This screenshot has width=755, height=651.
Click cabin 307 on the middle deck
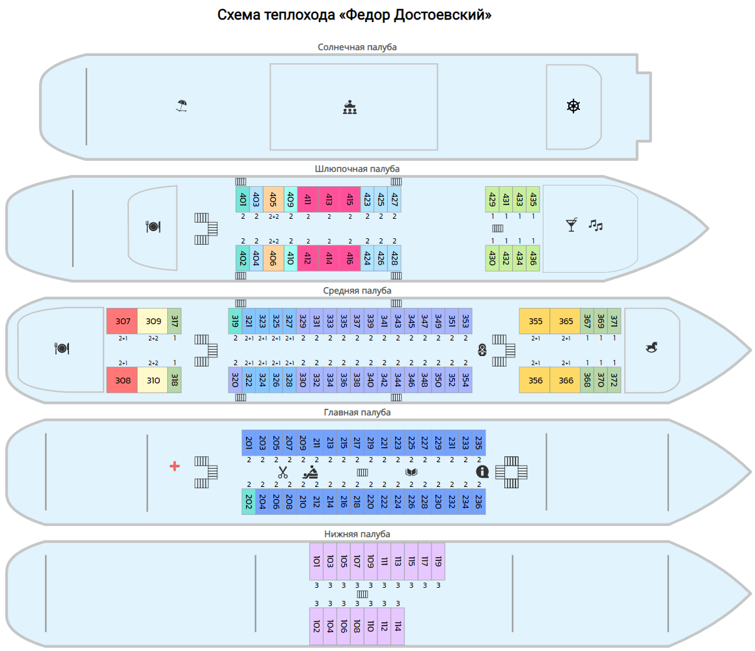122,321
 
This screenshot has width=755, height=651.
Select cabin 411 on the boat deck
307,199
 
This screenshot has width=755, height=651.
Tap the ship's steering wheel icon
573,106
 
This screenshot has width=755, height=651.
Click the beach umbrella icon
182,105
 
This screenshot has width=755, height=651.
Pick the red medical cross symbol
174,466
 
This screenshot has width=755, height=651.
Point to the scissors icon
282,473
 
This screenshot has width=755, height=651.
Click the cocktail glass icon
571,225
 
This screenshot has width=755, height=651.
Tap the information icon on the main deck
482,471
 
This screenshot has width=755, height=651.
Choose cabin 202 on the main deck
249,501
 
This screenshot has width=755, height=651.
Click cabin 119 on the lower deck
438,561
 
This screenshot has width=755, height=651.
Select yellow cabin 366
566,380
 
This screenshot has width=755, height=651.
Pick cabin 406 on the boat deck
273,258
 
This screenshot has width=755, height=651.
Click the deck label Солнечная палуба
357,47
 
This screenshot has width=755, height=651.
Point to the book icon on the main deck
411,472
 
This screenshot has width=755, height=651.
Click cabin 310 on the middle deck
153,380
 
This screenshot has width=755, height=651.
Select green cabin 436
533,258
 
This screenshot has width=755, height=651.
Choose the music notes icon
596,225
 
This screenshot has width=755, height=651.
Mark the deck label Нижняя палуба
357,534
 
